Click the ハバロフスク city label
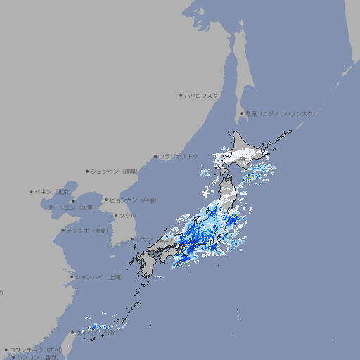[x=202, y=95]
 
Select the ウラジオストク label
[x=179, y=156]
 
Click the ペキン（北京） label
[x=53, y=191]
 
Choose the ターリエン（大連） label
[x=70, y=207]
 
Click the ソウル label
[x=127, y=215]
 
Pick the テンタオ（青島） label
[x=87, y=230]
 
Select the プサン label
[x=144, y=239]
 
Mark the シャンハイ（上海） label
[x=98, y=277]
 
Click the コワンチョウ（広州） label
[x=36, y=349]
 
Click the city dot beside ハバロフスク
[x=181, y=95]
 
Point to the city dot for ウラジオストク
[x=155, y=156]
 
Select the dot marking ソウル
[x=115, y=215]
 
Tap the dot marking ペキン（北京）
[x=31, y=191]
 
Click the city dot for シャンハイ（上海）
[x=72, y=277]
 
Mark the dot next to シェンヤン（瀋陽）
[x=87, y=171]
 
